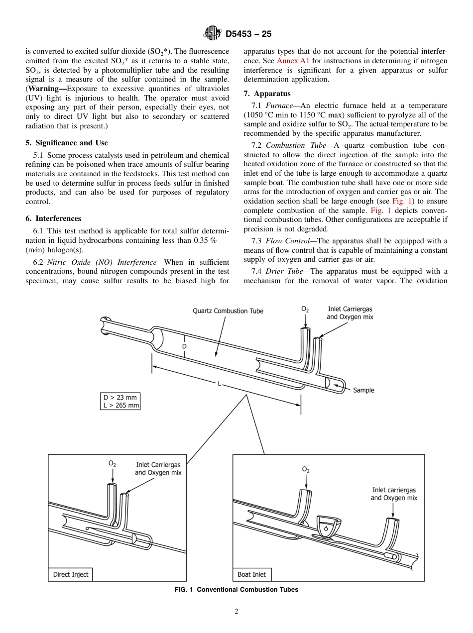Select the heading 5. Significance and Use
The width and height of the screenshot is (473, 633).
coord(67,143)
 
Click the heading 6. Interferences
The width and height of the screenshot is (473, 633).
coord(53,218)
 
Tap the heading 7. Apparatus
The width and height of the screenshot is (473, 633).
coord(267,94)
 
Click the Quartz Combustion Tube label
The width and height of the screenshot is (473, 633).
coord(228,311)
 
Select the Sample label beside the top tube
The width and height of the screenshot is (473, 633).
coord(363,390)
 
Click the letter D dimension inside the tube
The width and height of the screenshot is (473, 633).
coord(184,345)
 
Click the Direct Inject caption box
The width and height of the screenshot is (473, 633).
coord(71,574)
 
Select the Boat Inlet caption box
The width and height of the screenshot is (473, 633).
coord(252,574)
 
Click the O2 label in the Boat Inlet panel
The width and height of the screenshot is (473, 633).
coord(306,469)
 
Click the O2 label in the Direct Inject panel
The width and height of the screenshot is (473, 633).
coord(112,463)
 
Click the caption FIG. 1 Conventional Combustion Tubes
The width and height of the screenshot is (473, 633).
coord(236,590)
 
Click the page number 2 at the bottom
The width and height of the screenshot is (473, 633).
coord(236,612)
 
